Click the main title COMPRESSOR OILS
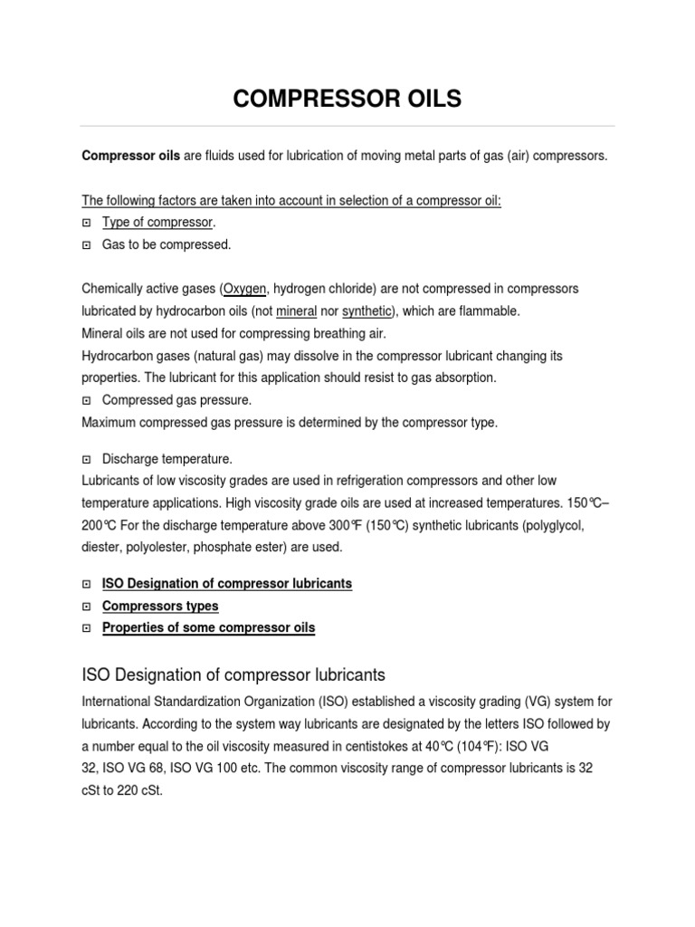tap(347, 99)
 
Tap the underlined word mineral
tap(297, 311)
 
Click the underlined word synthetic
tap(367, 311)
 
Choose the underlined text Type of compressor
tap(158, 223)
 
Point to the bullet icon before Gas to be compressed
tap(87, 244)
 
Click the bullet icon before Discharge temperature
tap(87, 459)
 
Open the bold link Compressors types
tap(160, 606)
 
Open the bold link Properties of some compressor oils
tap(208, 628)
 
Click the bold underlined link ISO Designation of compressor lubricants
tap(227, 584)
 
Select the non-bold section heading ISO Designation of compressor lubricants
tap(233, 674)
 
